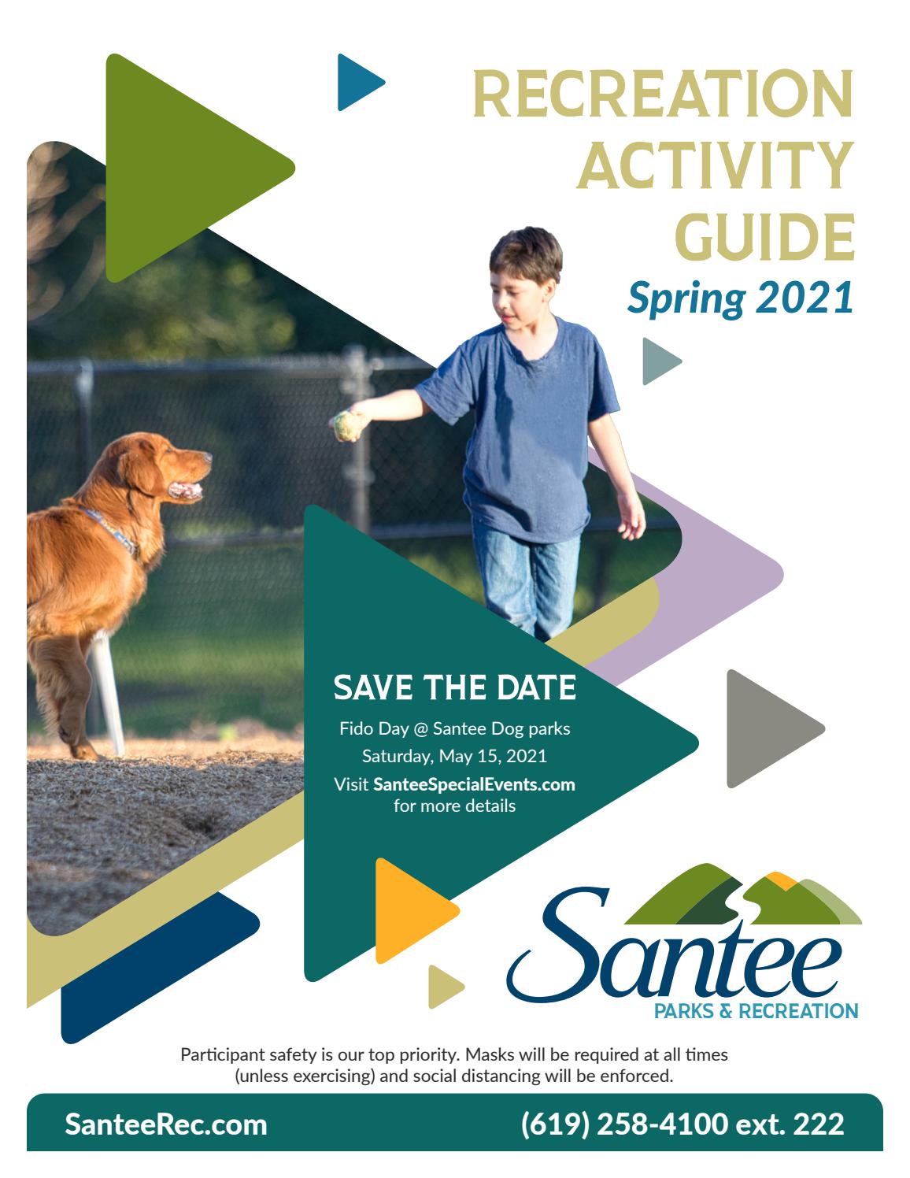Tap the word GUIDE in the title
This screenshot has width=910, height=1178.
(x=764, y=238)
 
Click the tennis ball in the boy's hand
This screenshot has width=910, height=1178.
(x=347, y=425)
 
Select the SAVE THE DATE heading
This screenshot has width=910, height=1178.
(x=454, y=688)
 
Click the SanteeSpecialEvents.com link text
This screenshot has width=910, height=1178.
(x=474, y=784)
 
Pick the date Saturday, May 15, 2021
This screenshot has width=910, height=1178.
(x=454, y=756)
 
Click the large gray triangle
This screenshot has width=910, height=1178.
(x=772, y=728)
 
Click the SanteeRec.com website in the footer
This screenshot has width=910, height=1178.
(x=166, y=1124)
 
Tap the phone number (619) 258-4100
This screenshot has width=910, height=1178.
(x=624, y=1124)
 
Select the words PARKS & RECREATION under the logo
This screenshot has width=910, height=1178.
(x=756, y=1011)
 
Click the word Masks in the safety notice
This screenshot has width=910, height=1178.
(x=486, y=1054)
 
